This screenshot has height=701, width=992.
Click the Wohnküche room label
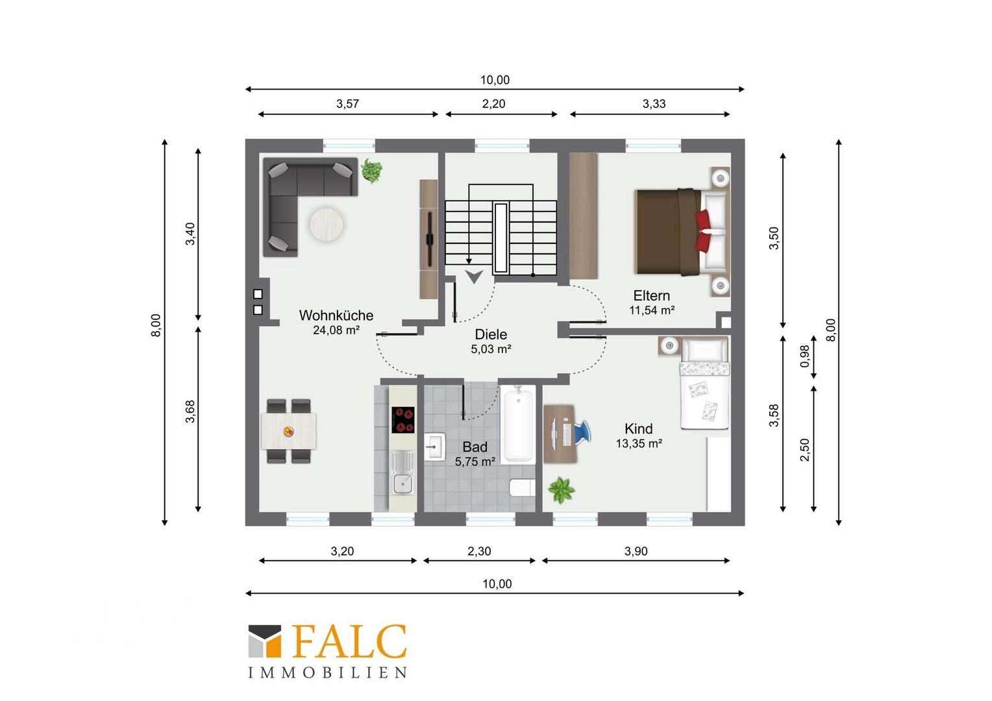tap(336, 315)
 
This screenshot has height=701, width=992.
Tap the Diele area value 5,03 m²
tap(491, 349)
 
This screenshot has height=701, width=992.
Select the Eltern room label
tap(651, 295)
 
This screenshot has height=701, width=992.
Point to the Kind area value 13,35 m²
tap(639, 443)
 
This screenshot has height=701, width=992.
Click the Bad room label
tap(475, 447)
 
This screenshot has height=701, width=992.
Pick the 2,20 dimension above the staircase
tap(493, 104)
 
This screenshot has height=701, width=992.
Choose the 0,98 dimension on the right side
tap(804, 356)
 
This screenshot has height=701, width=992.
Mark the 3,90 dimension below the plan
tap(636, 551)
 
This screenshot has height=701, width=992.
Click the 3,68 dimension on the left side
tap(190, 412)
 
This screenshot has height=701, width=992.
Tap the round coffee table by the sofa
tap(326, 225)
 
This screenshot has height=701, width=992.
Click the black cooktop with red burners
tap(403, 420)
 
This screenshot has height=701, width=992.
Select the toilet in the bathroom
tap(523, 487)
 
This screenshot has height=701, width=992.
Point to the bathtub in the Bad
tap(517, 424)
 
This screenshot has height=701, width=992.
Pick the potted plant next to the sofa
tap(371, 171)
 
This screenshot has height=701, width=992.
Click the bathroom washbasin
tap(435, 447)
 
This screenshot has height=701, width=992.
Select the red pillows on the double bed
tap(703, 230)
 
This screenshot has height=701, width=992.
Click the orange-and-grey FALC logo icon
tap(264, 641)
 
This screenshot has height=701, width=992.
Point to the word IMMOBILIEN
tap(327, 672)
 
